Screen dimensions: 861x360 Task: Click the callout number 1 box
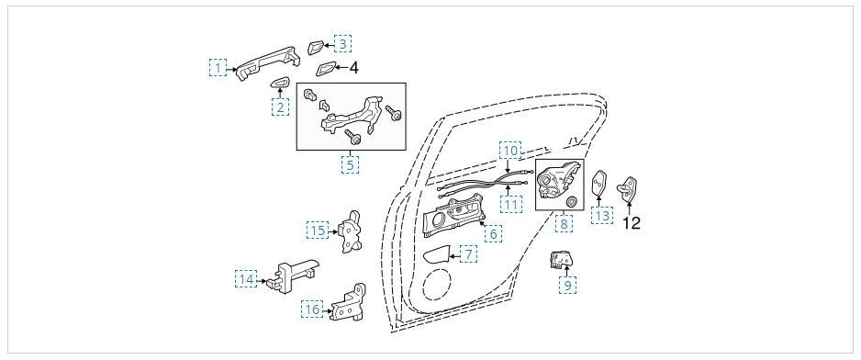pyautogui.click(x=218, y=68)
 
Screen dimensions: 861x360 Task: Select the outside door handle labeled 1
pyautogui.click(x=269, y=62)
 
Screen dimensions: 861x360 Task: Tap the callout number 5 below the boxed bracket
pyautogui.click(x=350, y=165)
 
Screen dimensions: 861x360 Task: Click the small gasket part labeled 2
pyautogui.click(x=280, y=83)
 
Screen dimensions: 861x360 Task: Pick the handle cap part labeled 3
pyautogui.click(x=315, y=47)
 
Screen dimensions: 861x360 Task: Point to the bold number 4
pyautogui.click(x=353, y=68)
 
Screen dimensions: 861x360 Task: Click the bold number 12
pyautogui.click(x=632, y=223)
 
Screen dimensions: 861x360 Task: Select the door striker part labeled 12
pyautogui.click(x=629, y=189)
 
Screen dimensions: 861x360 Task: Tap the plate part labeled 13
pyautogui.click(x=598, y=184)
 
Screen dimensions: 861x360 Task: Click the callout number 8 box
pyautogui.click(x=564, y=224)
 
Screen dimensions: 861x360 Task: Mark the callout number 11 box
pyautogui.click(x=510, y=206)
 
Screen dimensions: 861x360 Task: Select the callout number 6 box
pyautogui.click(x=493, y=234)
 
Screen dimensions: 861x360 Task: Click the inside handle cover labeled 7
pyautogui.click(x=437, y=255)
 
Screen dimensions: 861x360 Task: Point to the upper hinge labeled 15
pyautogui.click(x=352, y=231)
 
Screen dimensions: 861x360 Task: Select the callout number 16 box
pyautogui.click(x=312, y=309)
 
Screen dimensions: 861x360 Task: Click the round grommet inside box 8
pyautogui.click(x=571, y=201)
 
